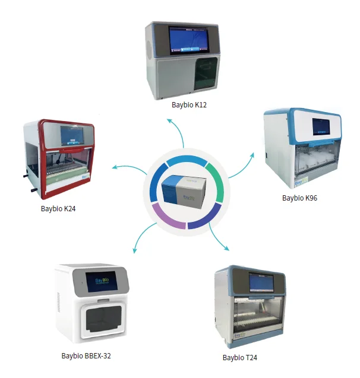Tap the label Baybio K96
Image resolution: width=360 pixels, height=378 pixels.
pyautogui.click(x=299, y=198)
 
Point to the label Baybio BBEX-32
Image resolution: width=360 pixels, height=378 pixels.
pyautogui.click(x=86, y=356)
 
